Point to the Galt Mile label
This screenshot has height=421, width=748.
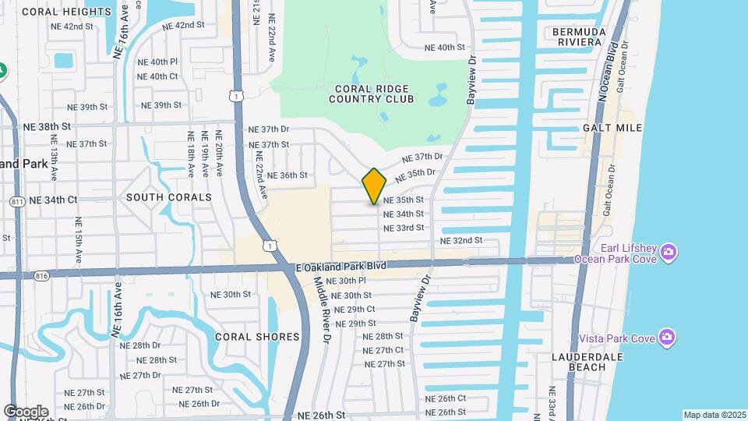pyautogui.click(x=612, y=128)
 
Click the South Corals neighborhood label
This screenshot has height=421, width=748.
pyautogui.click(x=169, y=197)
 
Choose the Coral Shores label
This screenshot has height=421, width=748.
pyautogui.click(x=257, y=337)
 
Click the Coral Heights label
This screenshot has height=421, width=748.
pyautogui.click(x=55, y=12)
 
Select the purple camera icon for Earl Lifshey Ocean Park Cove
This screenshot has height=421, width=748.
pyautogui.click(x=667, y=253)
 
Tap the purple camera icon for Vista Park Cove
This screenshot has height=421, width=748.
pyautogui.click(x=666, y=337)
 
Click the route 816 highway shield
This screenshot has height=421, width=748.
pyautogui.click(x=42, y=274)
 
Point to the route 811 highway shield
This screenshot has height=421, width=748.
pyautogui.click(x=17, y=201)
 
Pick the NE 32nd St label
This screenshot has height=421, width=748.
pyautogui.click(x=461, y=241)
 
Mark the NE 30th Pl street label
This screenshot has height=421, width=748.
pyautogui.click(x=344, y=281)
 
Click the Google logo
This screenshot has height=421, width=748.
pyautogui.click(x=26, y=412)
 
